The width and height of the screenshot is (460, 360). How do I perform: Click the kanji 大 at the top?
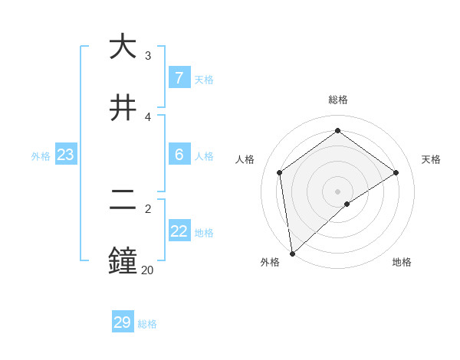click(123, 47)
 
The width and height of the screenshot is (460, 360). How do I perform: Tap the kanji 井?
click(123, 108)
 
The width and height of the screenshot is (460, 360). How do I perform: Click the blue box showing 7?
click(179, 77)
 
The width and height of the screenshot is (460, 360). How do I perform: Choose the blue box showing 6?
click(179, 155)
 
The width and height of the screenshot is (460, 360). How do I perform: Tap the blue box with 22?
click(179, 231)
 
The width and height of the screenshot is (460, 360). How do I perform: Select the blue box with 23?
click(65, 155)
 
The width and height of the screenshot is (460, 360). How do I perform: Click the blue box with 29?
click(123, 322)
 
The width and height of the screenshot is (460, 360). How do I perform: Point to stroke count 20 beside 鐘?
click(146, 270)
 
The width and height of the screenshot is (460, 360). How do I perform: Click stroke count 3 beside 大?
click(147, 56)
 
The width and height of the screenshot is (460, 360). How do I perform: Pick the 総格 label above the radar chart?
click(337, 100)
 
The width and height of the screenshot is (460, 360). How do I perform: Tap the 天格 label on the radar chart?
click(431, 159)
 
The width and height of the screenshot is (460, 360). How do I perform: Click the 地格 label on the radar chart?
click(402, 262)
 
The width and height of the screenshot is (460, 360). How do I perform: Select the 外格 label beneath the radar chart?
click(270, 262)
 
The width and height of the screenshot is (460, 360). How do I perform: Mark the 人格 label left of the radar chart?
click(245, 159)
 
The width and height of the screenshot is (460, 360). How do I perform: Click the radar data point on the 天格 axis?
click(396, 172)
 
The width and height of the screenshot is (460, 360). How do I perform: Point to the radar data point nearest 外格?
click(291, 254)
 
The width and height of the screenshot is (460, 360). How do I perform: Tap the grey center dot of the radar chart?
click(337, 191)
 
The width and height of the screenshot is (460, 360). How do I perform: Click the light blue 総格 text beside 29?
click(147, 324)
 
